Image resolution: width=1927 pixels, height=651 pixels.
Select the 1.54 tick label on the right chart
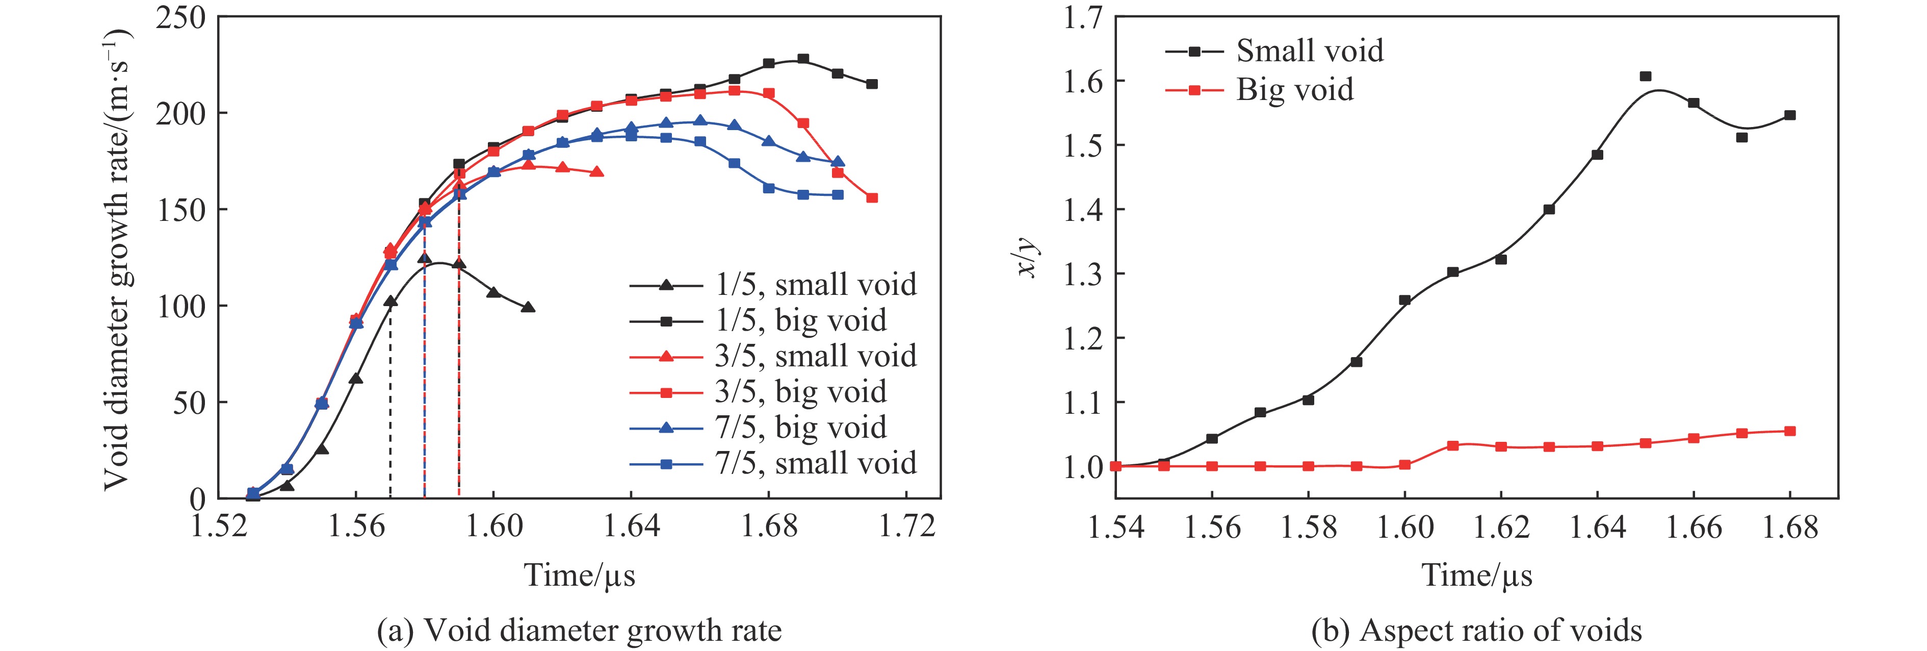[x=1115, y=528]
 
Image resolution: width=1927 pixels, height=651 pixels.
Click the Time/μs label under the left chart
[x=579, y=574]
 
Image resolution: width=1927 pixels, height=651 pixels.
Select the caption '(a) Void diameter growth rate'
[x=579, y=630]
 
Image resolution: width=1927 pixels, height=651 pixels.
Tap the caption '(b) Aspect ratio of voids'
[x=1476, y=630]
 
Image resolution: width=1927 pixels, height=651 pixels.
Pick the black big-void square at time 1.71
[x=872, y=84]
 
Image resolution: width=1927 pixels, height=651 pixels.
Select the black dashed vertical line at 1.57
[x=390, y=404]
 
